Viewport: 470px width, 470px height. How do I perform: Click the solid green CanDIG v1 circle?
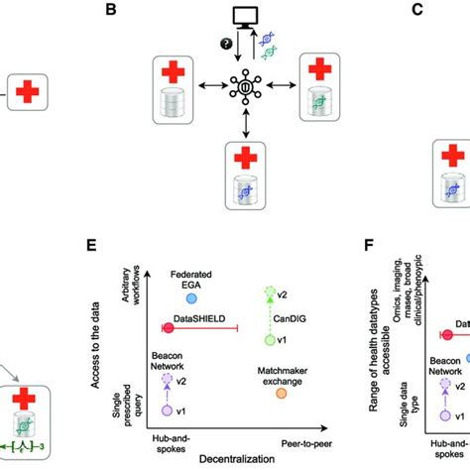pos(268,340)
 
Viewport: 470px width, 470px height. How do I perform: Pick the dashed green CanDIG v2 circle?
pos(268,294)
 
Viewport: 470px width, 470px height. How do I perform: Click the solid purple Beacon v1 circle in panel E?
pos(168,411)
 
